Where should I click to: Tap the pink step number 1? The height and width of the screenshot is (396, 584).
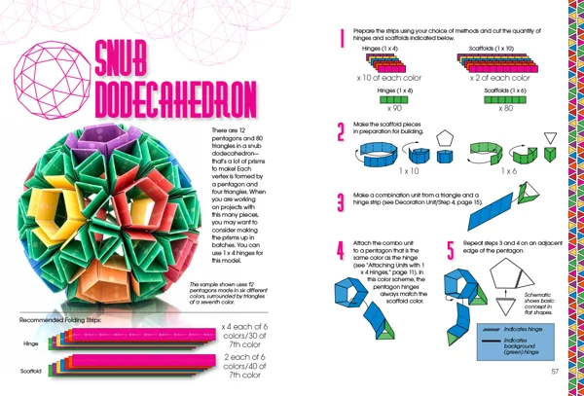(x=342, y=40)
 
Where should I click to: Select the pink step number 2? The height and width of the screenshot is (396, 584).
(x=341, y=133)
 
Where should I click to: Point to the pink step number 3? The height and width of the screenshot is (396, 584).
(x=341, y=202)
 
